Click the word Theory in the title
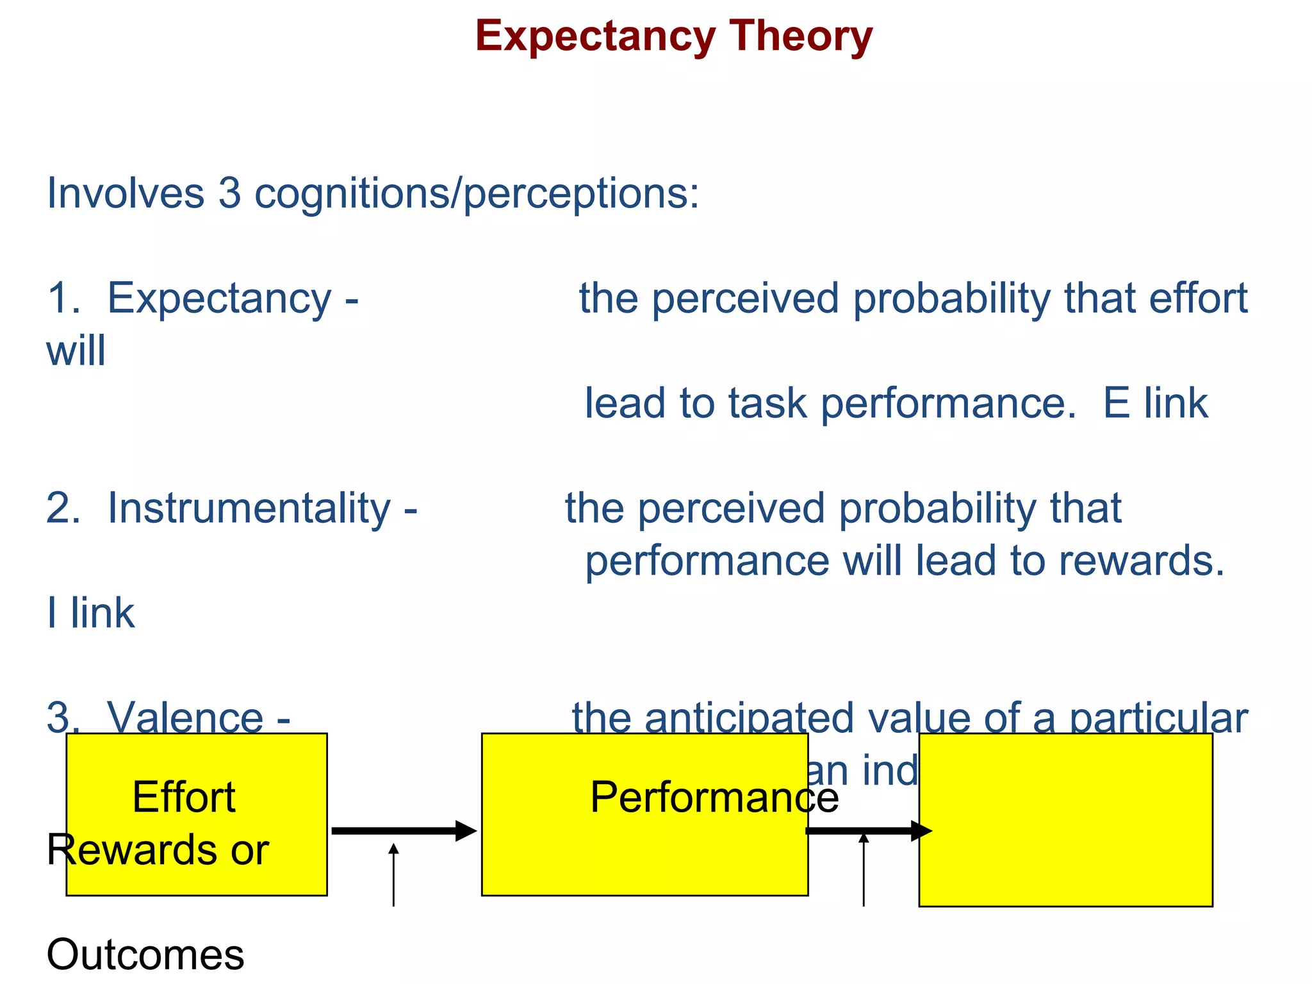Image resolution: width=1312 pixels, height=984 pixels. pyautogui.click(x=801, y=37)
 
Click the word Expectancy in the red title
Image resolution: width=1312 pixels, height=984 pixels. pyautogui.click(x=595, y=37)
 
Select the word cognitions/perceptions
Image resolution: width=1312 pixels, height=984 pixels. pyautogui.click(x=477, y=193)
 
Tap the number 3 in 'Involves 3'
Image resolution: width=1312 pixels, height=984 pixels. pyautogui.click(x=229, y=193)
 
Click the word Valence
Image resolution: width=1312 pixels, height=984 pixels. pyautogui.click(x=185, y=717)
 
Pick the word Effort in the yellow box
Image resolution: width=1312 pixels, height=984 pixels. pyautogui.click(x=184, y=798)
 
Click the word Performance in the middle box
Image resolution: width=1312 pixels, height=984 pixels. pyautogui.click(x=714, y=798)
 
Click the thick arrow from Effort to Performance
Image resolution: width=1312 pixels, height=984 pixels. pyautogui.click(x=404, y=831)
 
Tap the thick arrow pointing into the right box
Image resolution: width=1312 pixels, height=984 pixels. pyautogui.click(x=868, y=831)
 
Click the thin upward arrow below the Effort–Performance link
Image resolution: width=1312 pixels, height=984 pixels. pyautogui.click(x=393, y=874)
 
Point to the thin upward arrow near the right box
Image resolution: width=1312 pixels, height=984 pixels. pyautogui.click(x=864, y=871)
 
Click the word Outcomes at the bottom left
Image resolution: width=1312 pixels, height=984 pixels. pyautogui.click(x=145, y=955)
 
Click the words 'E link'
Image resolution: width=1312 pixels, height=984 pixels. pyautogui.click(x=1155, y=404)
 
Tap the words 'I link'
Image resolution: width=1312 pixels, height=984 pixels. pyautogui.click(x=91, y=613)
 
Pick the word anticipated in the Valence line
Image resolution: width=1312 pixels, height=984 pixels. pyautogui.click(x=749, y=717)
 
